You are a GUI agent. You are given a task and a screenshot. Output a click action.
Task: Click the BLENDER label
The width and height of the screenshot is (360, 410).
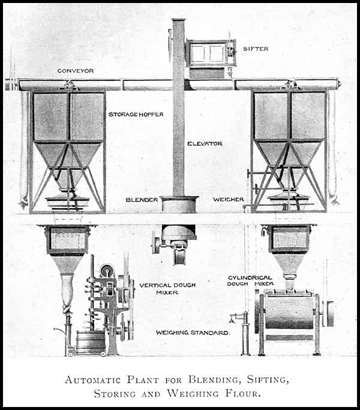pyautogui.click(x=142, y=200)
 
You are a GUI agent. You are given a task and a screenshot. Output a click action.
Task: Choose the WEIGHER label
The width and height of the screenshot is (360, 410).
pyautogui.click(x=227, y=199)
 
